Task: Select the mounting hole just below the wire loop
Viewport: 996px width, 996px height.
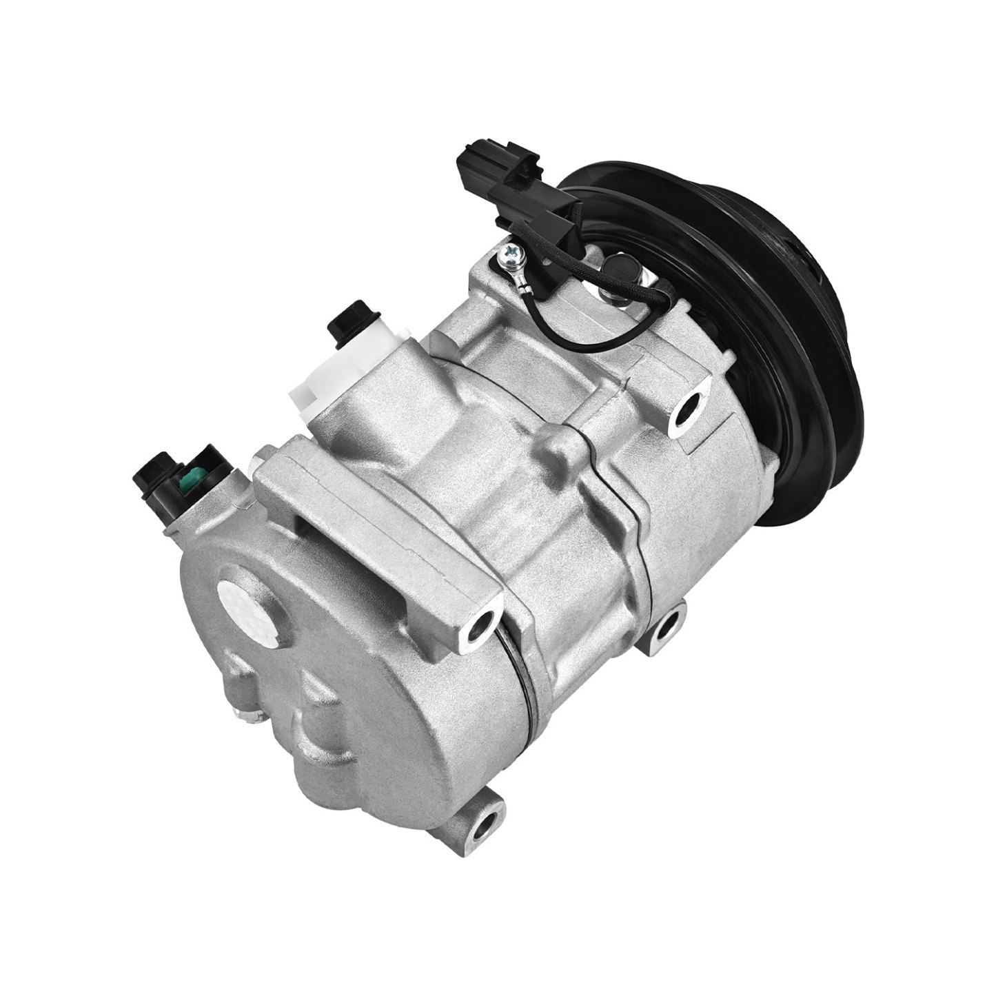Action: click(691, 409)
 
